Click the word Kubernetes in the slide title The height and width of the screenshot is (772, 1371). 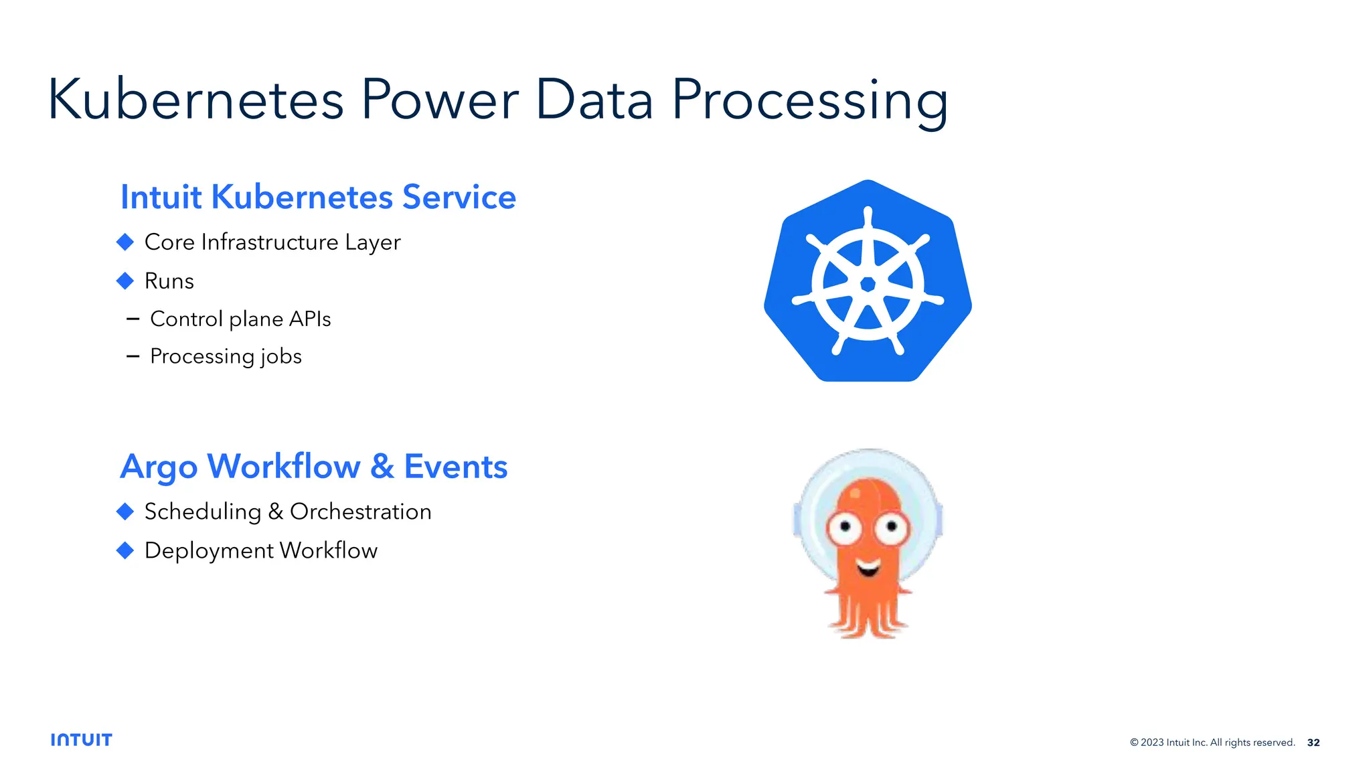[x=195, y=100]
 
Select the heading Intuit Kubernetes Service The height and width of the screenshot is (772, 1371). [x=318, y=197]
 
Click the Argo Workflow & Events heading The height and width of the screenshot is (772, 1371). [x=313, y=467]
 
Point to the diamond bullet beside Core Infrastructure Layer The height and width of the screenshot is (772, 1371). [x=125, y=242]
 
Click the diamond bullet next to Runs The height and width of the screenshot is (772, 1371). [x=125, y=281]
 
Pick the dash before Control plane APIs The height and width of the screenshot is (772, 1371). [x=133, y=319]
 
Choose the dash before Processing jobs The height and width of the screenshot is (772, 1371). [x=133, y=357]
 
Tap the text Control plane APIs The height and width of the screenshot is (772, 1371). [x=240, y=319]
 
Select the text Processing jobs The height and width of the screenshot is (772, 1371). [x=226, y=356]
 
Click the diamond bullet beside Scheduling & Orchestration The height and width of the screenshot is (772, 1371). [x=125, y=512]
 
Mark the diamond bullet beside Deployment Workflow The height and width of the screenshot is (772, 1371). [x=125, y=550]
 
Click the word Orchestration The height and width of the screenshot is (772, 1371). [x=360, y=512]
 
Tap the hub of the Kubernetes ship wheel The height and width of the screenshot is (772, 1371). [x=868, y=285]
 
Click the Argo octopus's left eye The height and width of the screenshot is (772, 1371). [x=845, y=527]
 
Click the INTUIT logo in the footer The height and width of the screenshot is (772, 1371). [x=81, y=740]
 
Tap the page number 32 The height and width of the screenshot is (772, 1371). [x=1313, y=743]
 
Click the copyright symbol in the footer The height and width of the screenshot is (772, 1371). [x=1134, y=743]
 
